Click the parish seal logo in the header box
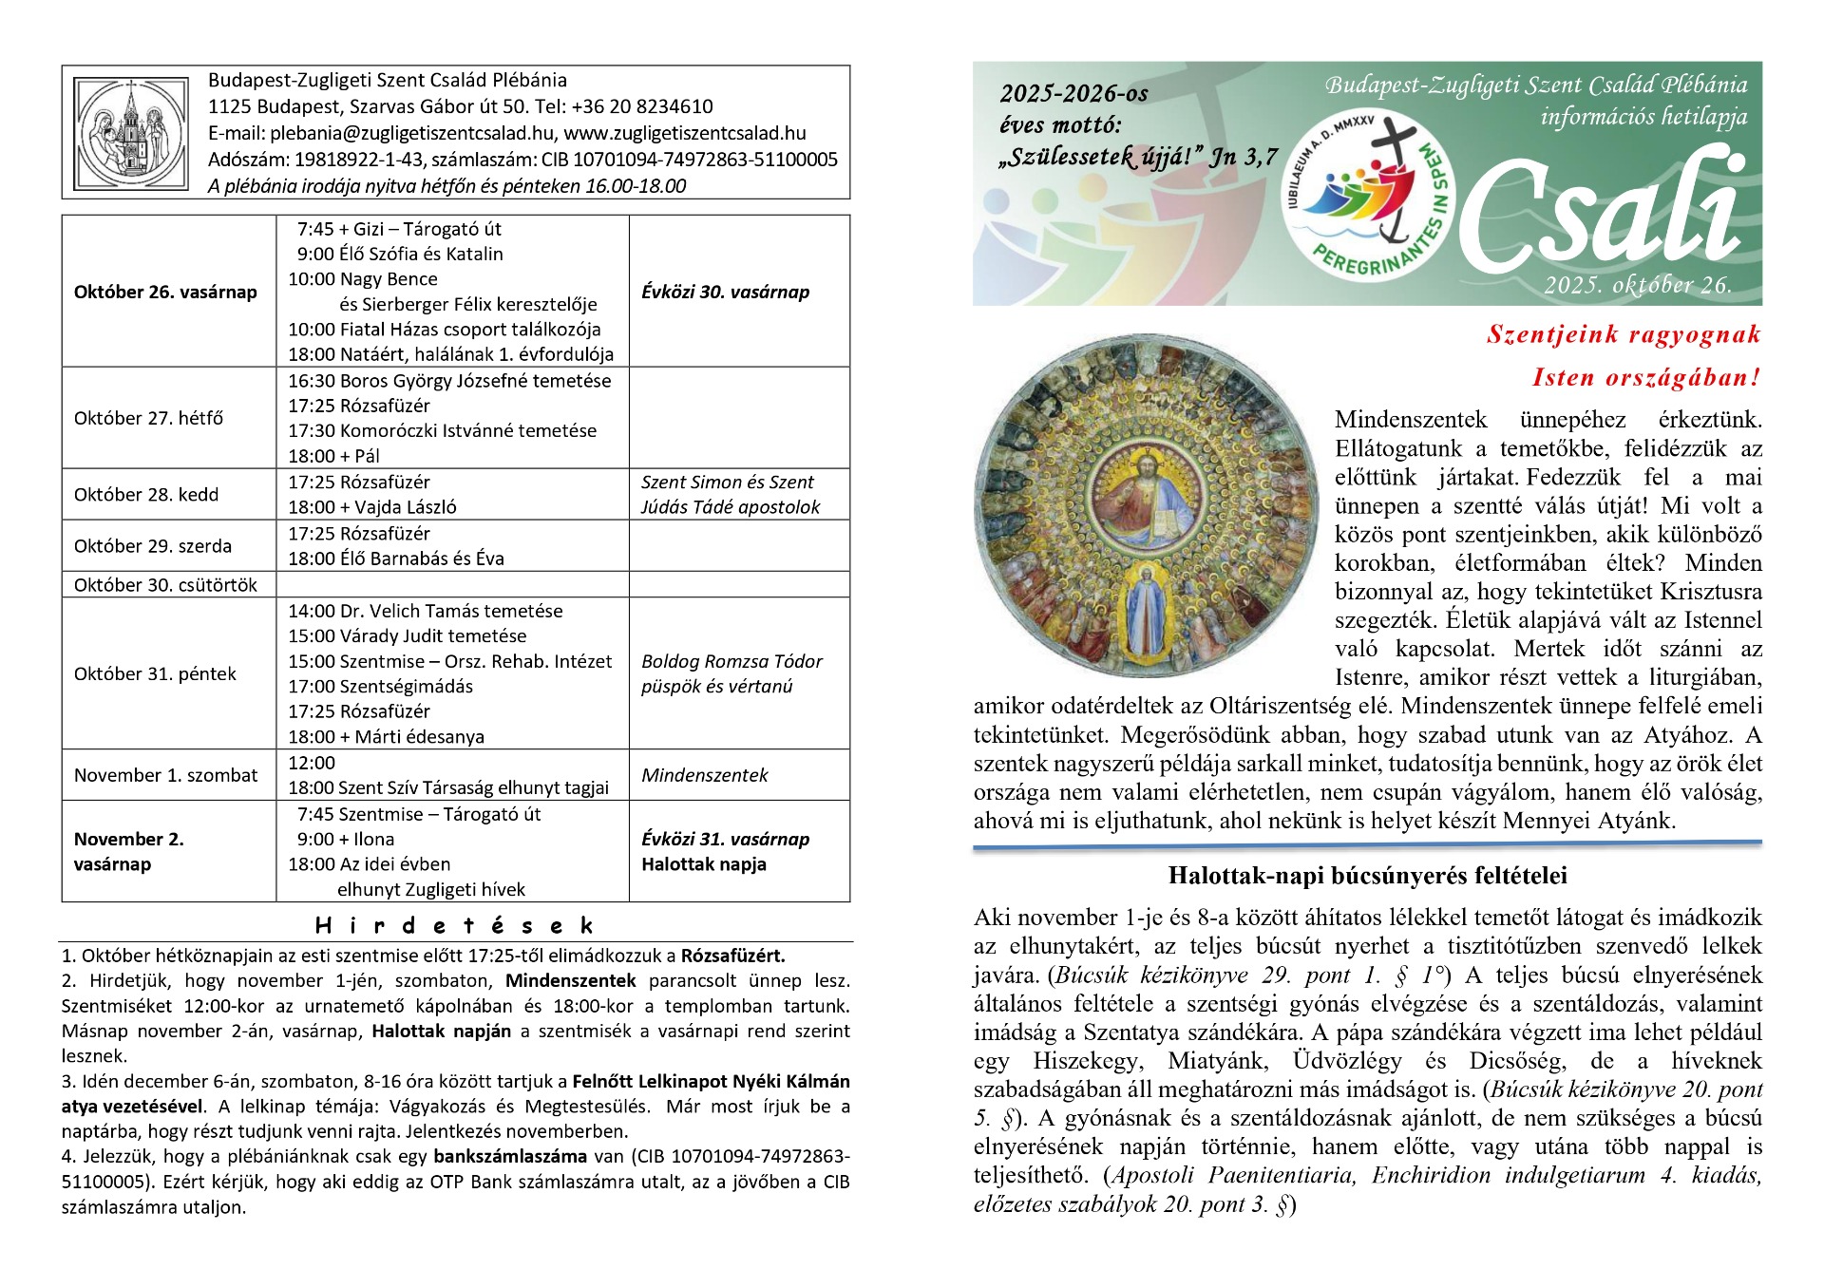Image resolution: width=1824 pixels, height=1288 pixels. pos(131,132)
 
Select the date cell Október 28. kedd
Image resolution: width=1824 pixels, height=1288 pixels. pos(146,495)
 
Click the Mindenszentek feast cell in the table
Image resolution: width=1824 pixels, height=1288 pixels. pos(704,775)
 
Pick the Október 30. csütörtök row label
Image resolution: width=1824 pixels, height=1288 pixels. pos(165,585)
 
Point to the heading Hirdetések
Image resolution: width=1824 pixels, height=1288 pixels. pos(454,925)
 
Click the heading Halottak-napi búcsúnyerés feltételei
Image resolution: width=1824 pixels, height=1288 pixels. pos(1367,875)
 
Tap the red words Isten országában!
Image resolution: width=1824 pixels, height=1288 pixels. pos(1646,377)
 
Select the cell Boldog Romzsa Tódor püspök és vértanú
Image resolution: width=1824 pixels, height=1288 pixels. pos(731,673)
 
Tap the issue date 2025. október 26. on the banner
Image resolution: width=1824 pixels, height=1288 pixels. pos(1637,285)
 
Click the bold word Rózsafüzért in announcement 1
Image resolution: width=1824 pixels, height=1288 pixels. pos(732,956)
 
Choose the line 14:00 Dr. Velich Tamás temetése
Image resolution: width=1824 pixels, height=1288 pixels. pos(425,611)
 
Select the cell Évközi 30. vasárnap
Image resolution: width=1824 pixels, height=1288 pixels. pos(725,292)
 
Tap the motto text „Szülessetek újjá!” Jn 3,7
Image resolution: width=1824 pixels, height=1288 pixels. pos(1138,158)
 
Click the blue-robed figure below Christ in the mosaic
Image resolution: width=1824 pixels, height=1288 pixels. pos(1146,608)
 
